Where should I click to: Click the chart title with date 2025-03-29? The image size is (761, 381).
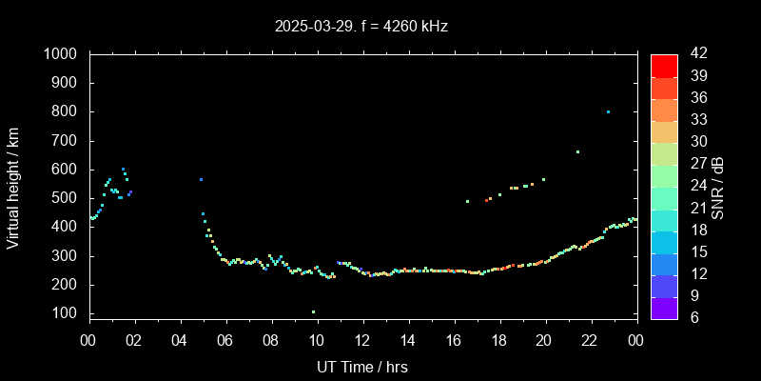pos(361,26)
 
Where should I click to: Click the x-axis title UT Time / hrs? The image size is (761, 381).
pos(362,366)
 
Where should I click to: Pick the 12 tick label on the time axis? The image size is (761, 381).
pos(362,339)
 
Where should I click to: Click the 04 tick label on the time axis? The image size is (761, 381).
pos(181,339)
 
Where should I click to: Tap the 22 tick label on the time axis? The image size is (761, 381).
pos(591,339)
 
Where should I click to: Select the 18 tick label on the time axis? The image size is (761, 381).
pos(499,339)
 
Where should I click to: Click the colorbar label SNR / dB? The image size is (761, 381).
pos(718,186)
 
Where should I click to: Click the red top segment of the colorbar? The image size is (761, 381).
pos(664,65)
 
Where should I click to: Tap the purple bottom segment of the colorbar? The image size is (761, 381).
pos(664,307)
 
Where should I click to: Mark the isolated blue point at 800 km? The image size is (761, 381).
pos(608,111)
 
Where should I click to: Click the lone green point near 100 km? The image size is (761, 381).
pos(313,311)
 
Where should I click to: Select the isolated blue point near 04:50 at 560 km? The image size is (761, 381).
pos(201,179)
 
